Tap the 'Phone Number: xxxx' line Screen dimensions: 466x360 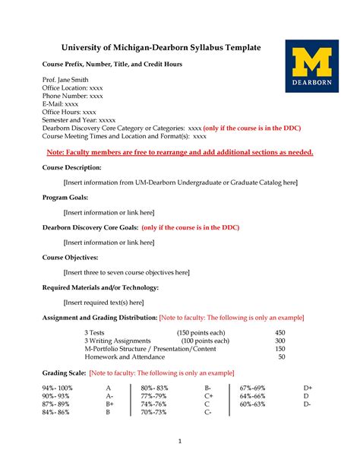tap(72, 97)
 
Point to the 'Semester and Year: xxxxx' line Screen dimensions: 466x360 tap(79, 120)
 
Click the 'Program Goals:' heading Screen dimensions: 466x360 tap(65, 198)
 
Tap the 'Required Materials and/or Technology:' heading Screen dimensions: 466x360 tap(100, 287)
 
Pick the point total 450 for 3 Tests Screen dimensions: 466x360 tap(279, 333)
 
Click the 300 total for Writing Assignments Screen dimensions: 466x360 tap(279, 341)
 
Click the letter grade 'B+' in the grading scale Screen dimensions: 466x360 tap(109, 404)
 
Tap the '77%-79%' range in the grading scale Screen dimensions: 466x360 tap(154, 396)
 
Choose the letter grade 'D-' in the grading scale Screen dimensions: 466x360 tap(307, 404)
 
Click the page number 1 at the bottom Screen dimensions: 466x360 tap(180, 442)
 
